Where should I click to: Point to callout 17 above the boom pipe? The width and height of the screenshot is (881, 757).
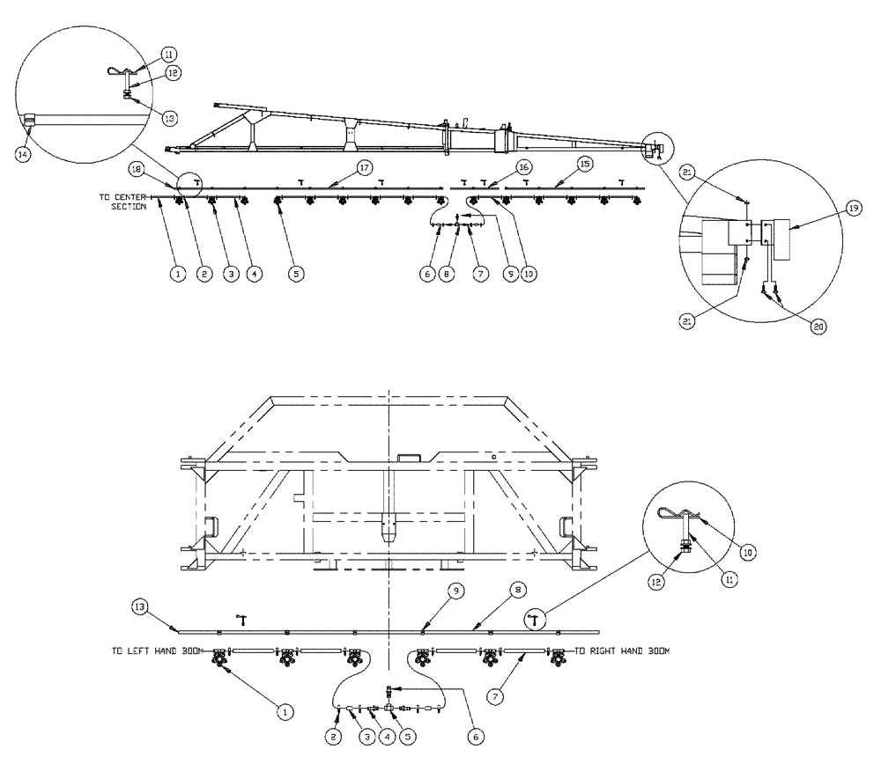(341, 165)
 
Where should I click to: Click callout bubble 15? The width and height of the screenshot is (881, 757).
(583, 165)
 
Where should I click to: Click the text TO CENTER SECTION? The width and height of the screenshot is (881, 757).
(122, 202)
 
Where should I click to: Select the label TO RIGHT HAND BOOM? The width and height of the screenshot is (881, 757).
(623, 652)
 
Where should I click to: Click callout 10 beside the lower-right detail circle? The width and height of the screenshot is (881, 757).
(747, 553)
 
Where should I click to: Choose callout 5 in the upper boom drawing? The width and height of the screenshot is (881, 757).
(297, 274)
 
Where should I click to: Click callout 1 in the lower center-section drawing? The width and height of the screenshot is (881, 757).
(284, 706)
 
